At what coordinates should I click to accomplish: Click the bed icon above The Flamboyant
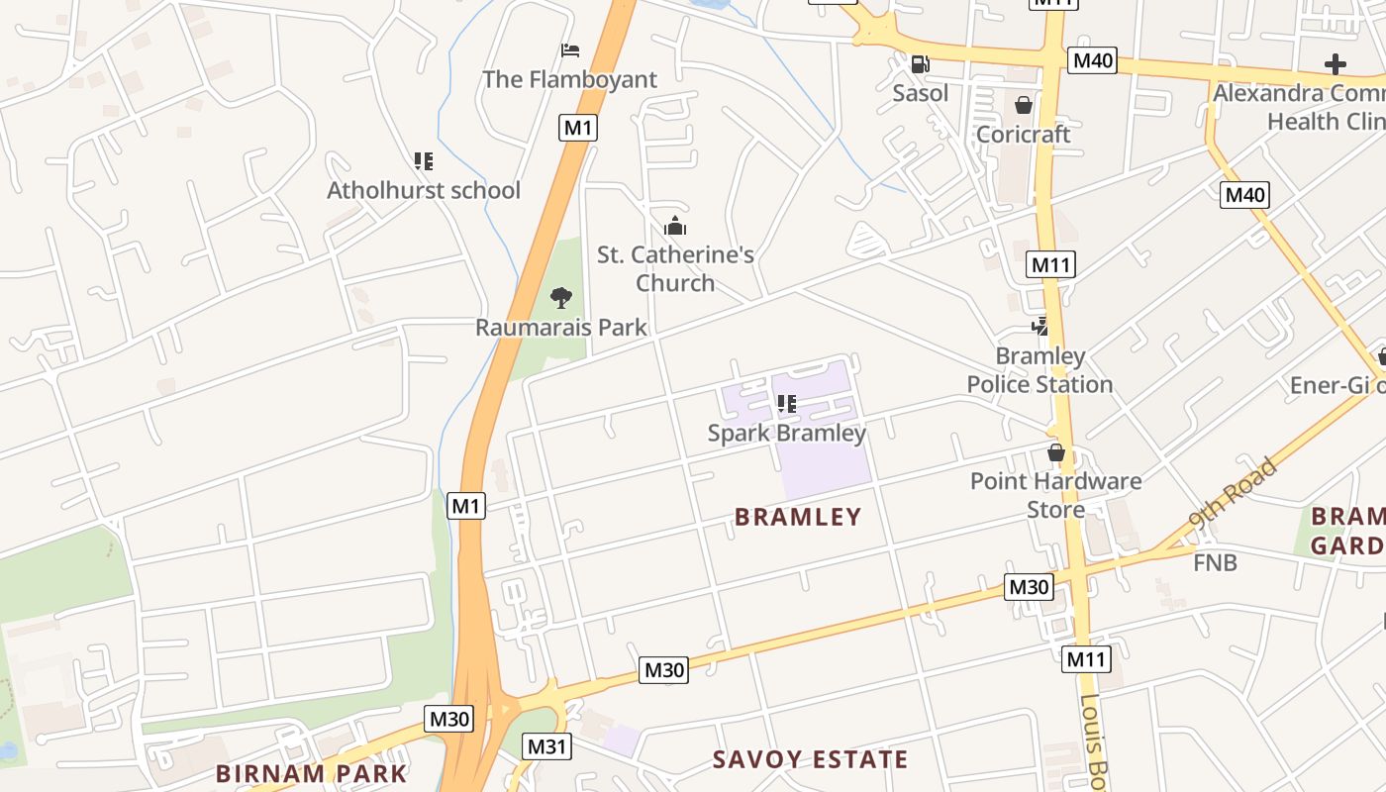(x=569, y=50)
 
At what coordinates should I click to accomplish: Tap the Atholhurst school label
(x=424, y=190)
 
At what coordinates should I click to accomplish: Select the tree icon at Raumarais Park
(x=560, y=297)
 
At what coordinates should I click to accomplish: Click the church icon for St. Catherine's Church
(x=675, y=226)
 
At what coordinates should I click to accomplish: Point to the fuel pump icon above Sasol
(x=920, y=64)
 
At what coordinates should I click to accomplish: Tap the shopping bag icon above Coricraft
(x=1023, y=105)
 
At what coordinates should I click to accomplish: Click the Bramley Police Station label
(x=1039, y=370)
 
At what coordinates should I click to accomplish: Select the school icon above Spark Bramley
(x=787, y=404)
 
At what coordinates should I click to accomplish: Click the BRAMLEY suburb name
(x=798, y=517)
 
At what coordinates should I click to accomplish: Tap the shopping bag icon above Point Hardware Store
(x=1055, y=453)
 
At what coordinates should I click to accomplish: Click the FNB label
(x=1215, y=563)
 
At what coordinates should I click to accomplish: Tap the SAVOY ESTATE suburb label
(x=810, y=759)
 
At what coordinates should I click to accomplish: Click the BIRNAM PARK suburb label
(x=311, y=774)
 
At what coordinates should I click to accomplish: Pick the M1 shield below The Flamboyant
(x=578, y=127)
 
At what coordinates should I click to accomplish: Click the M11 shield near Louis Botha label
(x=1086, y=659)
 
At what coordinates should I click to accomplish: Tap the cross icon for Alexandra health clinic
(x=1335, y=65)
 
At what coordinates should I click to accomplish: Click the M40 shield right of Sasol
(x=1093, y=61)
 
